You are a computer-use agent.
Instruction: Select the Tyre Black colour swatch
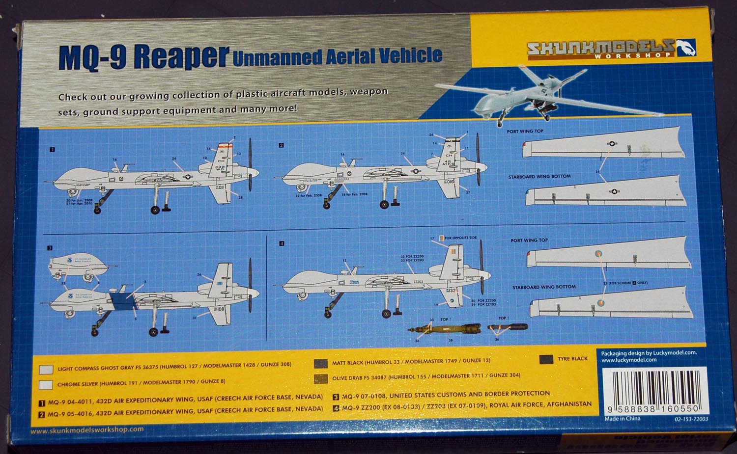[x=546, y=359]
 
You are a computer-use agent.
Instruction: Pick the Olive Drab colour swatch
[x=321, y=378]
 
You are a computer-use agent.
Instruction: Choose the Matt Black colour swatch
[x=321, y=364]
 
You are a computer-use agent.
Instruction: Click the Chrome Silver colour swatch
[x=46, y=384]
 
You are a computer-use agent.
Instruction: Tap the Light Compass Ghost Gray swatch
[x=46, y=369]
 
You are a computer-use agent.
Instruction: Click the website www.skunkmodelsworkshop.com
[x=87, y=429]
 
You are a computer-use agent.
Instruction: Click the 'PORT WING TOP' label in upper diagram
[x=525, y=132]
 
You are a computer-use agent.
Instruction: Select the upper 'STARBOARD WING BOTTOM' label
[x=539, y=176]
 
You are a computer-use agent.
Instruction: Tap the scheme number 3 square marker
[x=50, y=248]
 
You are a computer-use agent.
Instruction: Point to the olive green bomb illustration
[x=445, y=328]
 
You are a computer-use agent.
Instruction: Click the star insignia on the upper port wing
[x=612, y=144]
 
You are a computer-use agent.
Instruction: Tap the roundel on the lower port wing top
[x=597, y=254]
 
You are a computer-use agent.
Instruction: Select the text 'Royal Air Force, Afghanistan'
[x=540, y=404]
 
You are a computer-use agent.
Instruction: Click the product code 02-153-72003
[x=691, y=420]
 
